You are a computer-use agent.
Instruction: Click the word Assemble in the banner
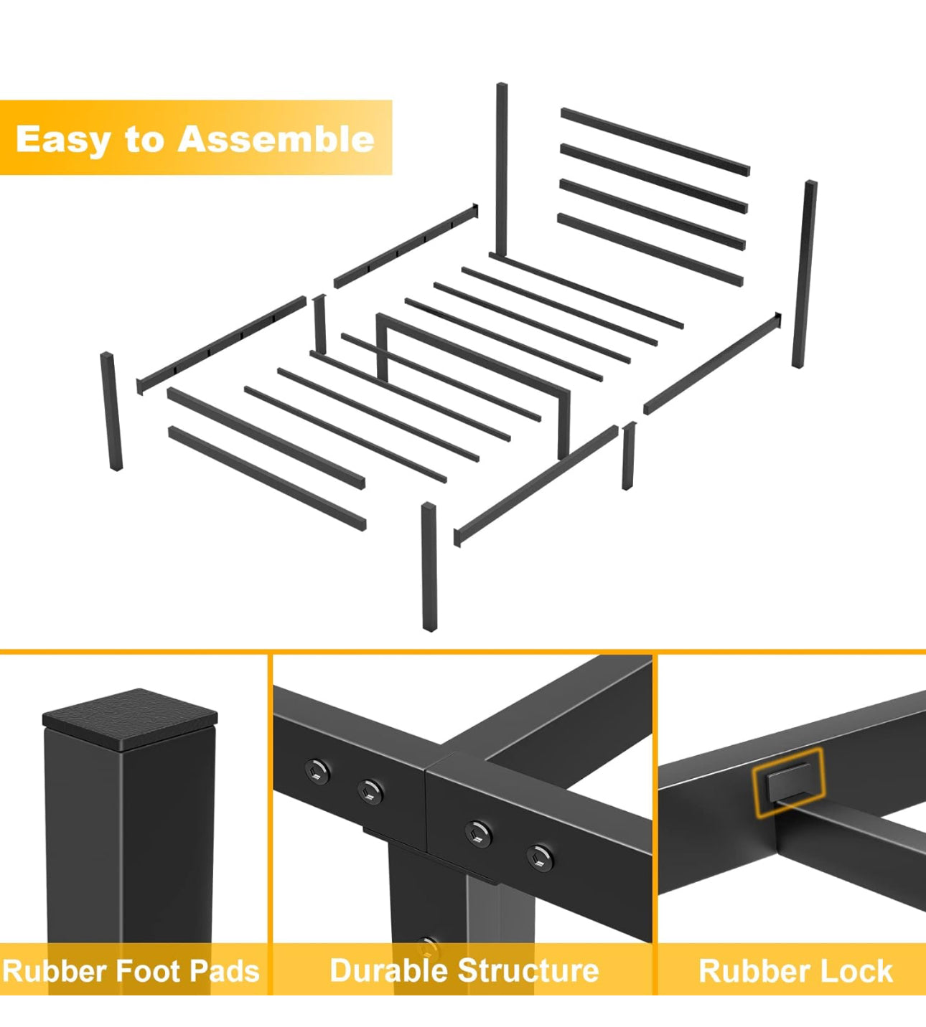pyautogui.click(x=276, y=138)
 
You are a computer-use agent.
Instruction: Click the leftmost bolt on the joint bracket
pyautogui.click(x=317, y=771)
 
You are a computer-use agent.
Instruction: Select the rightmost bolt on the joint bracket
pyautogui.click(x=539, y=856)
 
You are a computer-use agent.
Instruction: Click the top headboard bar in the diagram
pyautogui.click(x=655, y=141)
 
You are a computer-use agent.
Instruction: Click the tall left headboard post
pyautogui.click(x=502, y=169)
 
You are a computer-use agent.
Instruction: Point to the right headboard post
pyautogui.click(x=804, y=274)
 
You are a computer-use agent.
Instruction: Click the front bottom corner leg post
pyautogui.click(x=429, y=567)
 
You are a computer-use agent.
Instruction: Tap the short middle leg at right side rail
pyautogui.click(x=628, y=456)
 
